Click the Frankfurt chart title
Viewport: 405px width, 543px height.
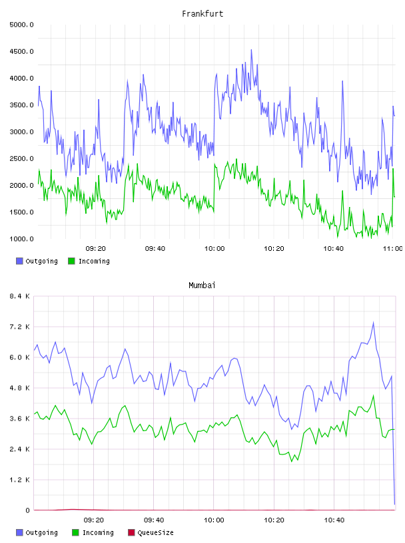(202, 14)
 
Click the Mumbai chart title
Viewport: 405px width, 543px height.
(202, 285)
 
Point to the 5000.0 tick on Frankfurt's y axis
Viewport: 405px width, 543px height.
(21, 25)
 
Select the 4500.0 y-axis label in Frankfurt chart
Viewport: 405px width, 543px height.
(21, 52)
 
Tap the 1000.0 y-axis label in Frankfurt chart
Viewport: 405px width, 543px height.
(21, 239)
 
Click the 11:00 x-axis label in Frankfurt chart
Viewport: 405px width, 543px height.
(392, 249)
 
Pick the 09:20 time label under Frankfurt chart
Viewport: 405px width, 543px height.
(96, 249)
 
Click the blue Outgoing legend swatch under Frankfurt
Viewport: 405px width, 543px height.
(19, 261)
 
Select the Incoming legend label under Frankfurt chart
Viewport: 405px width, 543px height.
(94, 262)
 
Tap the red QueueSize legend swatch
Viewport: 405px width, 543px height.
(131, 532)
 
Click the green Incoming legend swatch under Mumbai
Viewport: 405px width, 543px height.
(75, 532)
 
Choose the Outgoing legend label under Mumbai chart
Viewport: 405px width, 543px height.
(41, 533)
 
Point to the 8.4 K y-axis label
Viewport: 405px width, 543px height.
(19, 296)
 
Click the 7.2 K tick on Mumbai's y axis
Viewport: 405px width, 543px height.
(19, 327)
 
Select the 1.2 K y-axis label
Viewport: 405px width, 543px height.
(19, 480)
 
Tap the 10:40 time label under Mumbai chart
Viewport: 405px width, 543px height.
(334, 520)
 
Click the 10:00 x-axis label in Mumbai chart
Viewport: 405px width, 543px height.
(214, 520)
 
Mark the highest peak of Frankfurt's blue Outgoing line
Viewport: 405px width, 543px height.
(251, 50)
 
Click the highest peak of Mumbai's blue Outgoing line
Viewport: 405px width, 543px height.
(374, 323)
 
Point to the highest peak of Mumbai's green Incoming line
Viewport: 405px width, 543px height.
(374, 396)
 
